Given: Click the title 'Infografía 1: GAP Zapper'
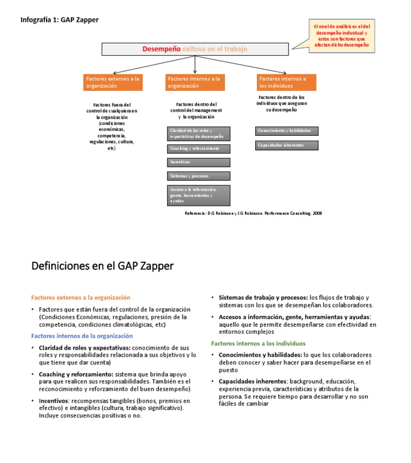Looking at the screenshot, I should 59,20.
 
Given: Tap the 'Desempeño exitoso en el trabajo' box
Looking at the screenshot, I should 195,49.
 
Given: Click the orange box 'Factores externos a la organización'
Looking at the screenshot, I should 113,82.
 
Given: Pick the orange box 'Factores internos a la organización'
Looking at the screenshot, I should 195,82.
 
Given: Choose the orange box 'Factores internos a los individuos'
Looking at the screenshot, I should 286,82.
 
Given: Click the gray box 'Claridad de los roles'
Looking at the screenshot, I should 199,134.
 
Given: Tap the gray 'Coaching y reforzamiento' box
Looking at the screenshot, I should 199,149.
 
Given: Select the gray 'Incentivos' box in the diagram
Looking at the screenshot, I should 199,162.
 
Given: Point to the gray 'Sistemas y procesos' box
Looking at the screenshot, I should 199,176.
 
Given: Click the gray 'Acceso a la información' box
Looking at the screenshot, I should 199,195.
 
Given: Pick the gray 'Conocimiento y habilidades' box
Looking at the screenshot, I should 286,131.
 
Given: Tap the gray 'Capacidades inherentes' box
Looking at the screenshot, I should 286,145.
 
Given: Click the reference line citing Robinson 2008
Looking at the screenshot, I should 253,213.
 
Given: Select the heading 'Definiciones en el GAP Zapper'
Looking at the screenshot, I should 103,266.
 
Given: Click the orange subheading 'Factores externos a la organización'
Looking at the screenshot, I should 81,297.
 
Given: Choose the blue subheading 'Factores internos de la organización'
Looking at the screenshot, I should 82,336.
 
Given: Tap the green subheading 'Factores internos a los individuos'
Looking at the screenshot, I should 258,343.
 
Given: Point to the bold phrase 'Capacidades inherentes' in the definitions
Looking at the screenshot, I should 253,381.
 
